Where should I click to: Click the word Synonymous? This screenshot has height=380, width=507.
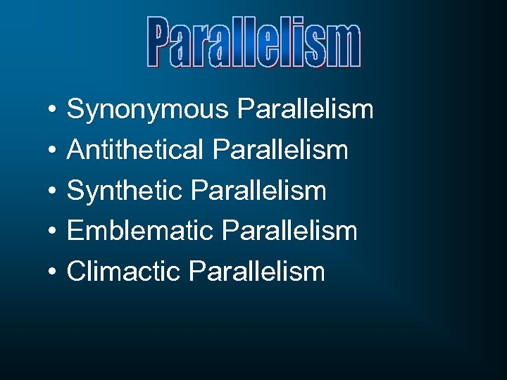pyautogui.click(x=148, y=110)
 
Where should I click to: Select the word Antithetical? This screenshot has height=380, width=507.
pyautogui.click(x=136, y=151)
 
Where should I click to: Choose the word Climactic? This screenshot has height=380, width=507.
pyautogui.click(x=124, y=271)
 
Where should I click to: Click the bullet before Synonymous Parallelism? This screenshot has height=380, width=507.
pyautogui.click(x=53, y=110)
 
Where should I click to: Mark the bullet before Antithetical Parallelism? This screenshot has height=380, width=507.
pyautogui.click(x=53, y=151)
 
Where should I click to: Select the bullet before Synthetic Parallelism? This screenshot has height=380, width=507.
pyautogui.click(x=53, y=191)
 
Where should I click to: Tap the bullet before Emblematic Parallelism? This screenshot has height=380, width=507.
pyautogui.click(x=53, y=231)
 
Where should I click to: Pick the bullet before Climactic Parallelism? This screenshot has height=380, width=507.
pyautogui.click(x=53, y=271)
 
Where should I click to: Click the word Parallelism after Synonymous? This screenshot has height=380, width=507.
pyautogui.click(x=306, y=110)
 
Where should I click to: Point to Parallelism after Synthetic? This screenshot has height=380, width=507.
pyautogui.click(x=259, y=190)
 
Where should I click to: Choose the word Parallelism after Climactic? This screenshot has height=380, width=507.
pyautogui.click(x=258, y=270)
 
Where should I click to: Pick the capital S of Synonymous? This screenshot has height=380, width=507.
pyautogui.click(x=75, y=110)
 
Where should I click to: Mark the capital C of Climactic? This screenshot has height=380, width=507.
pyautogui.click(x=76, y=271)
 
